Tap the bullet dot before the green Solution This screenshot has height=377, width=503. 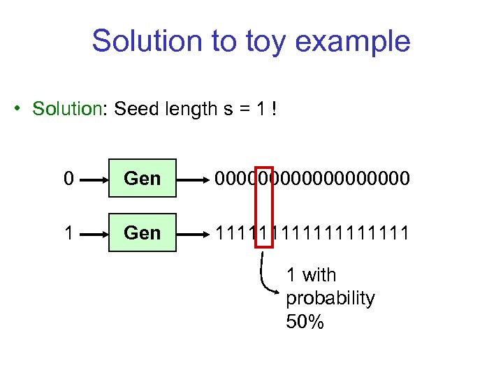tap(21, 110)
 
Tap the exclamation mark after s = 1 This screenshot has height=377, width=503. tap(275, 109)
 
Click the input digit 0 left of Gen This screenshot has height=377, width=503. tap(68, 179)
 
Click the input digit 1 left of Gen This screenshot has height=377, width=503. tap(68, 232)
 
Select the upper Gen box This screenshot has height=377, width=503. tap(142, 179)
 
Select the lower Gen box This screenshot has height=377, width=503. tap(142, 232)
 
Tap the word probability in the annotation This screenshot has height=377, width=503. tap(330, 298)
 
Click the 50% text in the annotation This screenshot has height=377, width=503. tap(305, 322)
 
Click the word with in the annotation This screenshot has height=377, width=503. tap(320, 275)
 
